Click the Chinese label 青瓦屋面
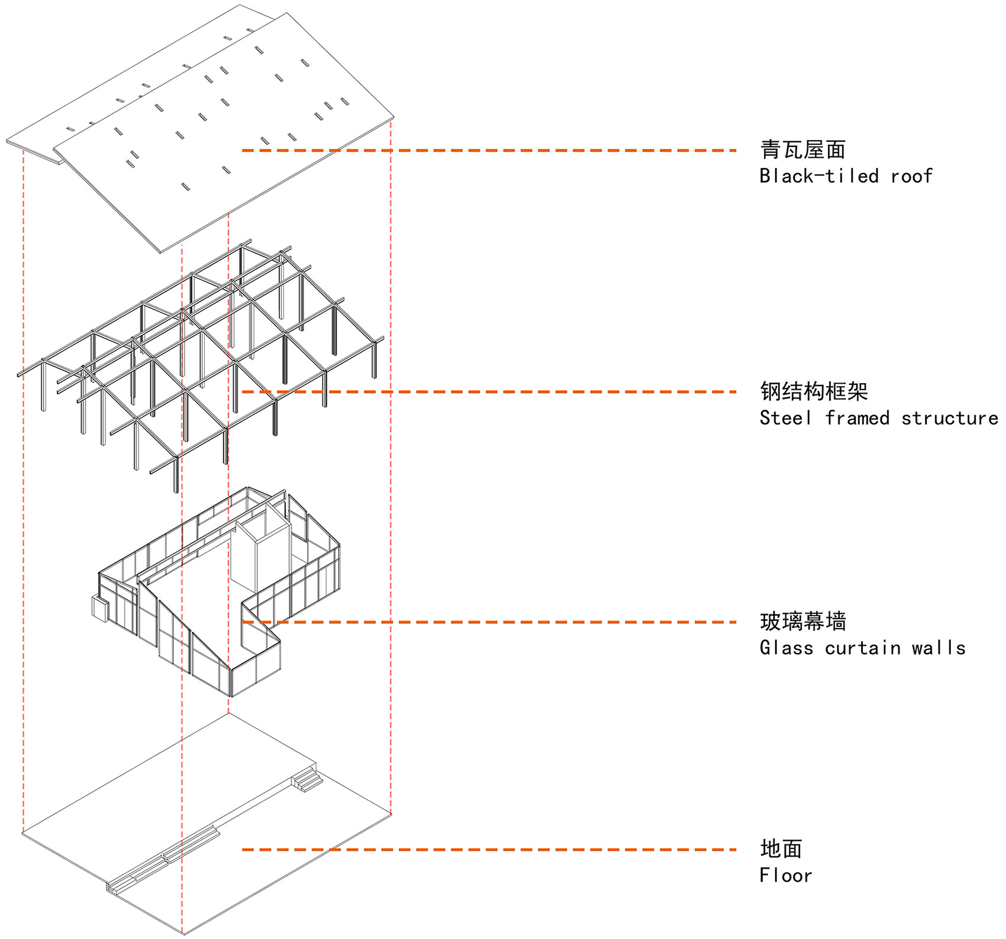pyautogui.click(x=802, y=150)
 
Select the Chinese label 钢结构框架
pyautogui.click(x=814, y=391)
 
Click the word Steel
pyautogui.click(x=785, y=418)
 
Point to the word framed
pyautogui.click(x=857, y=418)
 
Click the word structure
pyautogui.click(x=949, y=418)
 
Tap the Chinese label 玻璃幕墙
pyautogui.click(x=802, y=621)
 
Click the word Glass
pyautogui.click(x=786, y=648)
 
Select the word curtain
pyautogui.click(x=862, y=648)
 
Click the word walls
pyautogui.click(x=938, y=648)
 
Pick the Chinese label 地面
pyautogui.click(x=781, y=849)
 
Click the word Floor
pyautogui.click(x=785, y=876)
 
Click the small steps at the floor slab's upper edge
pyautogui.click(x=307, y=779)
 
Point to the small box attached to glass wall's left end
pyautogui.click(x=99, y=608)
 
